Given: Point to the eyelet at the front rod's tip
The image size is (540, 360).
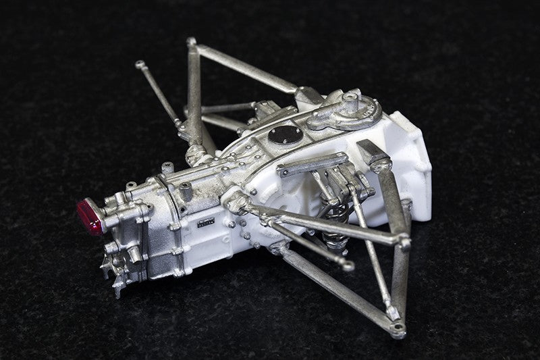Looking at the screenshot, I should (x=347, y=265).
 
